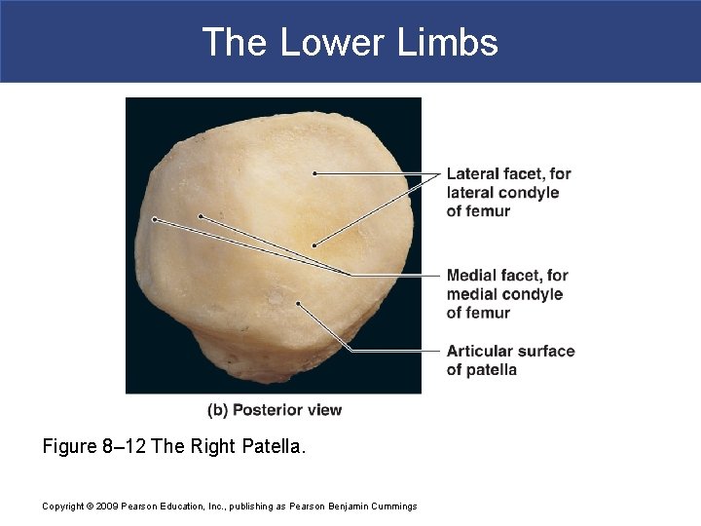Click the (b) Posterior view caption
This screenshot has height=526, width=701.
pyautogui.click(x=275, y=410)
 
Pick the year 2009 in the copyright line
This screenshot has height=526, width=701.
pyautogui.click(x=110, y=506)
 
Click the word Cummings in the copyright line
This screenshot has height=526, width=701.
pyautogui.click(x=391, y=506)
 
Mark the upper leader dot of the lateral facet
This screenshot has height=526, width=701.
pyautogui.click(x=314, y=173)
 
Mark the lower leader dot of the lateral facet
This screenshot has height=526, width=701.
pyautogui.click(x=314, y=244)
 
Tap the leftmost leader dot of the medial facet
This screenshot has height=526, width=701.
pyautogui.click(x=155, y=219)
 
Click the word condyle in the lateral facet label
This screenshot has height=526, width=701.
pyautogui.click(x=529, y=192)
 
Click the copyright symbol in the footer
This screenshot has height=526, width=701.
pyautogui.click(x=90, y=506)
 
